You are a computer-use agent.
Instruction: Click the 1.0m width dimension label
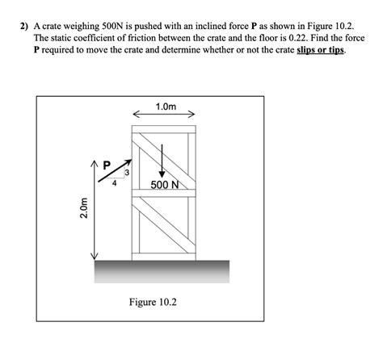click(x=166, y=107)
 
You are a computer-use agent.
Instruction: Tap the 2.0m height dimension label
click(x=84, y=208)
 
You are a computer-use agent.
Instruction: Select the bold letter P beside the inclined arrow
click(x=107, y=165)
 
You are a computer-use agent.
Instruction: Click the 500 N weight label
click(x=165, y=185)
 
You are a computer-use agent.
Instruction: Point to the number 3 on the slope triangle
click(x=127, y=172)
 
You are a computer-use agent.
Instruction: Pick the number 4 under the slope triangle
click(x=115, y=183)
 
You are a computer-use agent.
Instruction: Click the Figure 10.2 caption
click(x=153, y=302)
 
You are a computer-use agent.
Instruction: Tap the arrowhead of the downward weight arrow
click(x=162, y=174)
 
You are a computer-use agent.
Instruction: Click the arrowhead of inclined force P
click(x=128, y=162)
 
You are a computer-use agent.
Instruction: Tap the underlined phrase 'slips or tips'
click(x=321, y=50)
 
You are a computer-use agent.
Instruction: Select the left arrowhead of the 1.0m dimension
click(x=136, y=114)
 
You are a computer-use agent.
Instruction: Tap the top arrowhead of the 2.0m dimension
click(x=94, y=163)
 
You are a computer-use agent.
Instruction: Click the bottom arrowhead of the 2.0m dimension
click(x=94, y=257)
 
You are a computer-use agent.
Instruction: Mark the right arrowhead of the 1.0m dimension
click(x=191, y=114)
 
